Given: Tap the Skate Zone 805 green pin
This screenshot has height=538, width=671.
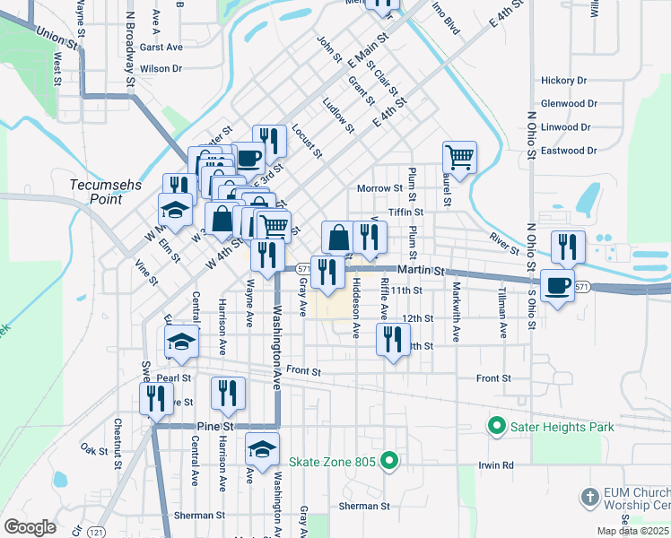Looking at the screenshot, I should tap(388, 463).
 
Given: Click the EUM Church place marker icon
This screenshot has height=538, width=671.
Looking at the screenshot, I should tap(589, 496).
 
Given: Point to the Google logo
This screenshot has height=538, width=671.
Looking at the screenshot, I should tap(30, 527).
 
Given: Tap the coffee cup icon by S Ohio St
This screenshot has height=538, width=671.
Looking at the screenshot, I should tap(558, 286).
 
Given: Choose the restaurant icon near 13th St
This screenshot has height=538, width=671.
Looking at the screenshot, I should tap(393, 339).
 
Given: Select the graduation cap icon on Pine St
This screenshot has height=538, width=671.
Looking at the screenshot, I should tap(262, 448).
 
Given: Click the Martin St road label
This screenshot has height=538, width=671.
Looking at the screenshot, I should tap(422, 270).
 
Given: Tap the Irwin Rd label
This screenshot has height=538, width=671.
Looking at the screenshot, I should tap(494, 465).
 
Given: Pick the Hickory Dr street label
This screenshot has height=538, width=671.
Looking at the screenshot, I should tap(563, 81).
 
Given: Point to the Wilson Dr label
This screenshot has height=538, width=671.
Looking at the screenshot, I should tap(161, 68).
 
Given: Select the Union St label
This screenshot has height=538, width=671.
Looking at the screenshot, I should tap(57, 38).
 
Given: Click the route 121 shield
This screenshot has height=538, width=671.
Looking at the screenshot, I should tap(96, 531).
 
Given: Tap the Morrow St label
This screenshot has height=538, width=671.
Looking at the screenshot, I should tap(379, 189).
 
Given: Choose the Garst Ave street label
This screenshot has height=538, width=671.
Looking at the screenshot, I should tap(161, 47).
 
